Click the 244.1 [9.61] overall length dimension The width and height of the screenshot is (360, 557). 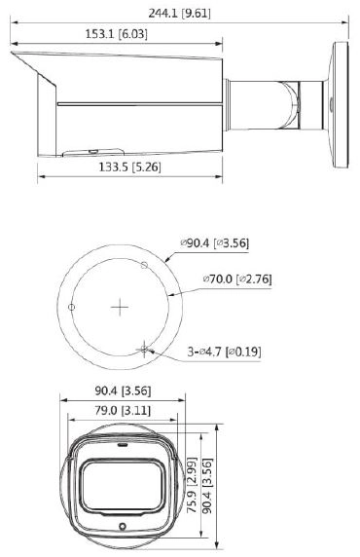click(x=179, y=14)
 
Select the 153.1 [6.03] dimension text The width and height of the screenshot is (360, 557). click(x=117, y=34)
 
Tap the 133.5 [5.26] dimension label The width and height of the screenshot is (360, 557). click(x=129, y=167)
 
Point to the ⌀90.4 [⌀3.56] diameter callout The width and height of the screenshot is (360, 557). click(x=215, y=243)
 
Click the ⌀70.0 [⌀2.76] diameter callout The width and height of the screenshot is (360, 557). click(x=237, y=278)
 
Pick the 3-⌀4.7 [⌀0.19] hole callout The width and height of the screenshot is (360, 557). click(x=225, y=352)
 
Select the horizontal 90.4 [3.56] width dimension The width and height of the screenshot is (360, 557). click(x=123, y=390)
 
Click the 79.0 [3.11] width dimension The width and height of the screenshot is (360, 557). click(x=123, y=411)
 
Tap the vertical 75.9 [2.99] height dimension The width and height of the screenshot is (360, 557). click(x=192, y=485)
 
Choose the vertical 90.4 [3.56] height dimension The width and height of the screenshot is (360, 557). click(x=207, y=486)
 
